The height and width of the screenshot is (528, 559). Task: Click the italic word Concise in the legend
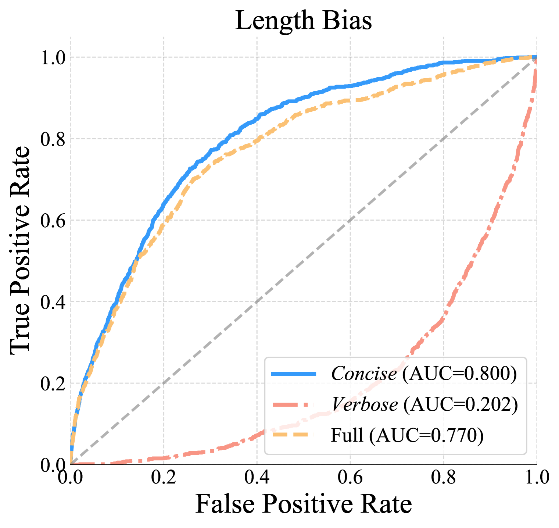coord(364,374)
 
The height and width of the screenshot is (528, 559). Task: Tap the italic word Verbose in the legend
coord(365,405)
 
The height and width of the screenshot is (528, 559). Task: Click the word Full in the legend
coord(347,435)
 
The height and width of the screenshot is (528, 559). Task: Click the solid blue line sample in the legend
coord(293,374)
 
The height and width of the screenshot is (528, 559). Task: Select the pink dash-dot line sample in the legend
coord(293,405)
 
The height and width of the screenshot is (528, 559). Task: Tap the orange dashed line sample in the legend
coord(293,435)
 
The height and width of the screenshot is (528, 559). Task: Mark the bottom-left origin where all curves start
coord(71,464)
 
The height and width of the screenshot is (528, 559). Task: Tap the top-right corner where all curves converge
coord(536,57)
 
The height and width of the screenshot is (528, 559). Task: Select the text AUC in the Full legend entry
coord(393,435)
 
